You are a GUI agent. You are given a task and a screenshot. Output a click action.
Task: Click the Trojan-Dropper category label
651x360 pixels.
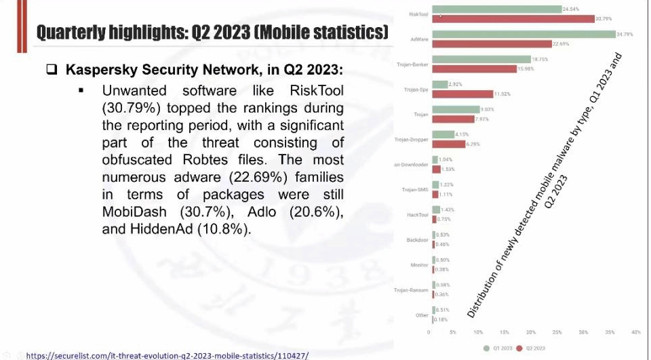coord(411,140)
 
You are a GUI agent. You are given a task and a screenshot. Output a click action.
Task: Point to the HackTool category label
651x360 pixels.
coord(417,214)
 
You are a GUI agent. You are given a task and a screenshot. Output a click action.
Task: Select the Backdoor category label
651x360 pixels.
coord(417,239)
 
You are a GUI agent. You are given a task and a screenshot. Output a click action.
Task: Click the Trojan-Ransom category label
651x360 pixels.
coord(411,290)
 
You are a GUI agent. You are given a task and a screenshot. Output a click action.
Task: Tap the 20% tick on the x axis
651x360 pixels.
coord(531,333)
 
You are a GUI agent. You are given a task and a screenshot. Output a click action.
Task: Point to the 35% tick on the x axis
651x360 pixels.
coord(610,333)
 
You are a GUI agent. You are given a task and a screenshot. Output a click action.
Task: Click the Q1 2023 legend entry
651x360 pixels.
coord(498,348)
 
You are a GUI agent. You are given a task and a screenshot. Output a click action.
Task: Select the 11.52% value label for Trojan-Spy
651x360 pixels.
coord(502,94)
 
